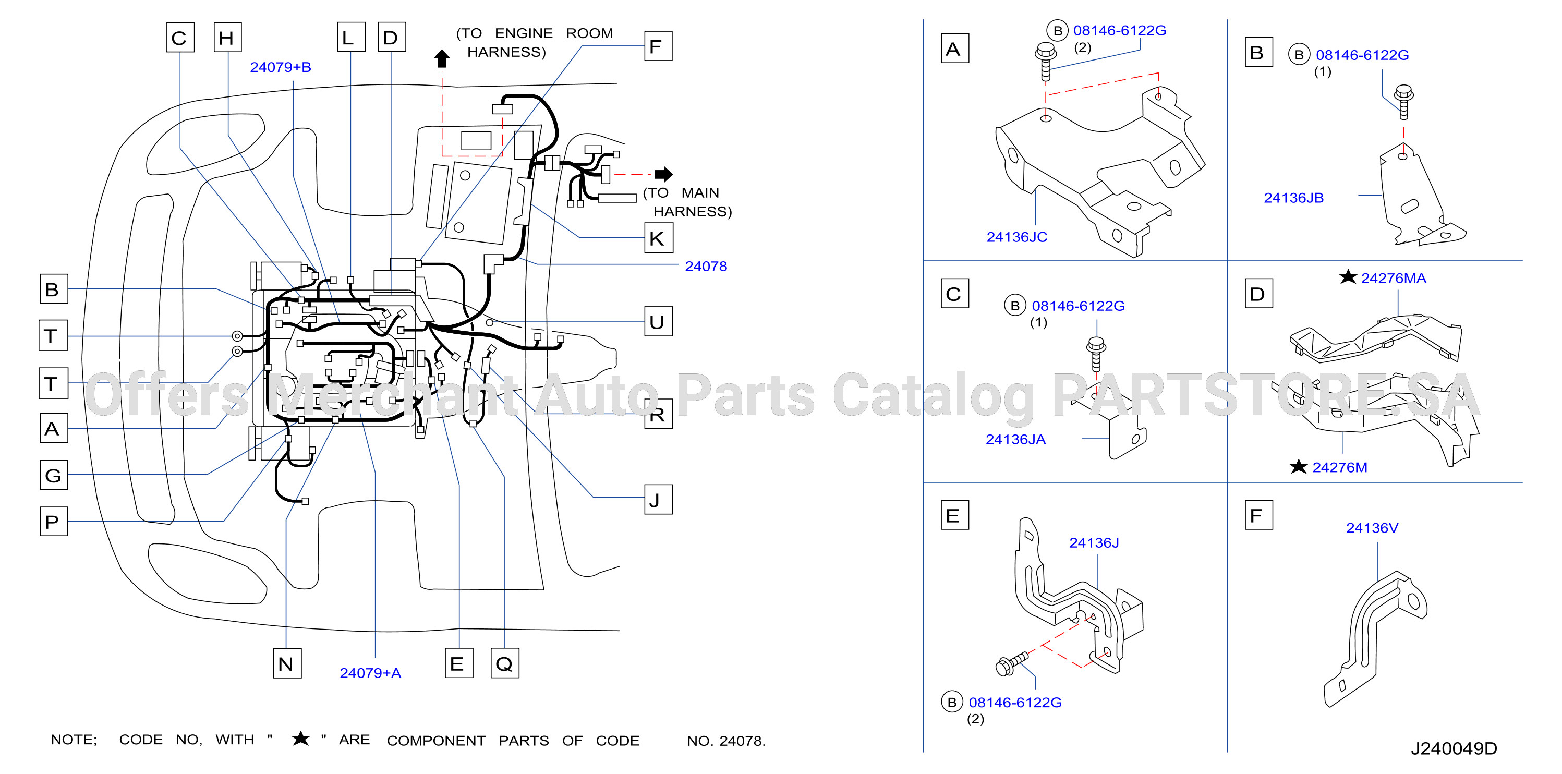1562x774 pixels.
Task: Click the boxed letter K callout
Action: pos(658,238)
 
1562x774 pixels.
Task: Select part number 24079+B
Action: pos(281,67)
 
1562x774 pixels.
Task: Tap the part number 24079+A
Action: pos(370,673)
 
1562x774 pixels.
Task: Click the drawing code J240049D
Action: pos(1454,748)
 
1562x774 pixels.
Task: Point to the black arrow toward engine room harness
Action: pos(442,59)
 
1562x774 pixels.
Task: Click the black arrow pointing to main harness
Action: pos(663,174)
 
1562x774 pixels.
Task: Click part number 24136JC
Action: pos(1017,237)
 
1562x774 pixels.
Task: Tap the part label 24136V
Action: pos(1372,528)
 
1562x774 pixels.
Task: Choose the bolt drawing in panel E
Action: pos(1011,663)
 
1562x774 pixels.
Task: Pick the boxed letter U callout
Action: pos(658,321)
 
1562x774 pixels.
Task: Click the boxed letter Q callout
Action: pos(504,663)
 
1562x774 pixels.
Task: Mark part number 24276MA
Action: pos(1394,279)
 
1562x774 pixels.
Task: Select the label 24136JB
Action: pos(1293,198)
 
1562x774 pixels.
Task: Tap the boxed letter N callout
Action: pos(287,663)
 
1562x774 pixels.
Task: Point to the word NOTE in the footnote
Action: pos(74,740)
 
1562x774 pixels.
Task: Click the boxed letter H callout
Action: pos(227,38)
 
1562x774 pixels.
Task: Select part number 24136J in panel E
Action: pos(1094,543)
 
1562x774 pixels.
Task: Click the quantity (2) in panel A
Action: pos(1082,47)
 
